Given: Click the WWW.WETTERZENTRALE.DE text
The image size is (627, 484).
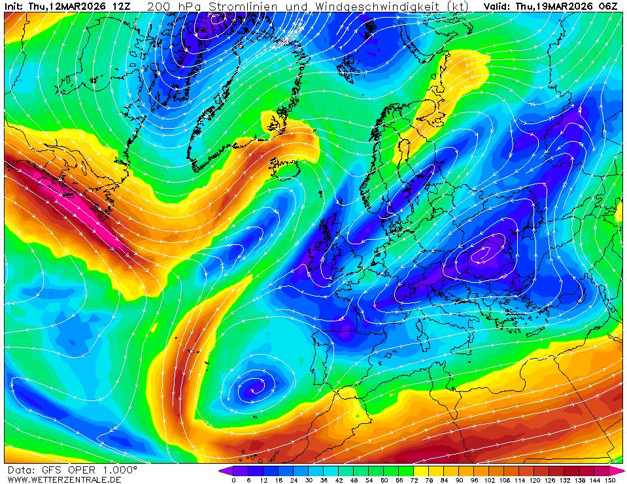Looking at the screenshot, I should tap(63, 479).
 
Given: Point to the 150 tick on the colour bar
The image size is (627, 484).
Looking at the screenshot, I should tap(610, 480).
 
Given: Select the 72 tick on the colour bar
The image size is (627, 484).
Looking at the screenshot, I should tap(415, 480).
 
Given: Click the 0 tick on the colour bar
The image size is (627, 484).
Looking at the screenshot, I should tap(233, 480).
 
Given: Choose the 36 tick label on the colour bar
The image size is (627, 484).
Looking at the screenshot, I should tap(324, 480).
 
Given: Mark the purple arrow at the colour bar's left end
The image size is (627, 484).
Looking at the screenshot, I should tap(225, 470).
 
